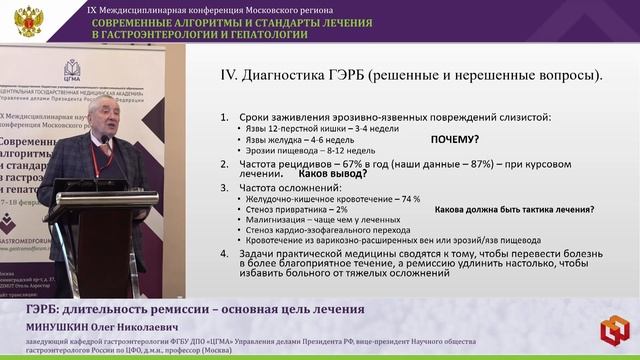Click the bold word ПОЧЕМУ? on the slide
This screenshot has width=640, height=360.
(454, 140)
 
